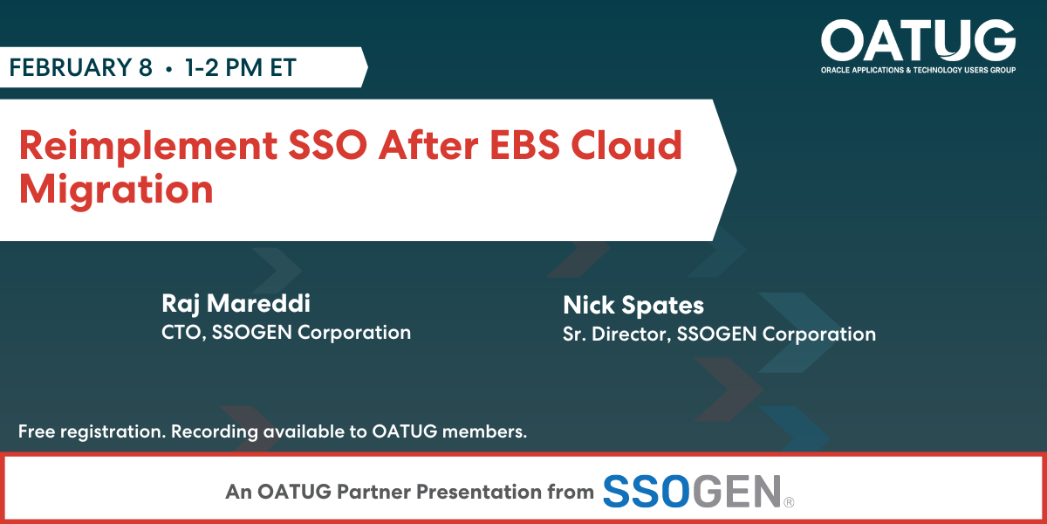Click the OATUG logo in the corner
(918, 46)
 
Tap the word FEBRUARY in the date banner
(70, 67)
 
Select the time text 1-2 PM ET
(240, 67)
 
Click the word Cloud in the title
(626, 145)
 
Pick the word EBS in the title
(524, 145)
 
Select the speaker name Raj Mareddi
(236, 303)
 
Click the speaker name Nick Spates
(633, 305)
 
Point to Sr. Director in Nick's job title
(617, 334)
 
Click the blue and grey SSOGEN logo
(698, 491)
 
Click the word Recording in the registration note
(214, 431)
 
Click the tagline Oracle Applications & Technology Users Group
(919, 70)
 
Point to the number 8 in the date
(146, 67)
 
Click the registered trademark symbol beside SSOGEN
(789, 502)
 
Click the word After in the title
(428, 145)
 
